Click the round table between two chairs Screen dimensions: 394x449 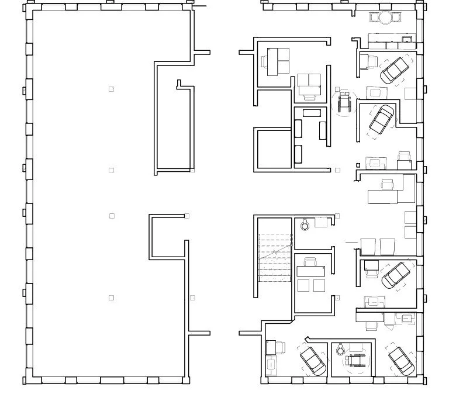(385, 18)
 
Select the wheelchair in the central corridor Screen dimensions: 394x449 (343, 102)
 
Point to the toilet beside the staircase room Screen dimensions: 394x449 (305, 223)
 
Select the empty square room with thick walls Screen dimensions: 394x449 (272, 149)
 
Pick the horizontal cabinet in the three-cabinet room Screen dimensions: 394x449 (311, 113)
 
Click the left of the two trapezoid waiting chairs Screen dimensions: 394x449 (368, 246)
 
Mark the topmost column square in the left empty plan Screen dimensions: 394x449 (112, 89)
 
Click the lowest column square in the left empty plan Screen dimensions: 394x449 (112, 298)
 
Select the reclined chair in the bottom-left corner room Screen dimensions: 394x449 (313, 360)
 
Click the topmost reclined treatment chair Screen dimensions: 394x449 (395, 70)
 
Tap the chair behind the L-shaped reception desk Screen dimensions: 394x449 (386, 185)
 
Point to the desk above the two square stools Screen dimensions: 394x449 (310, 270)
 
